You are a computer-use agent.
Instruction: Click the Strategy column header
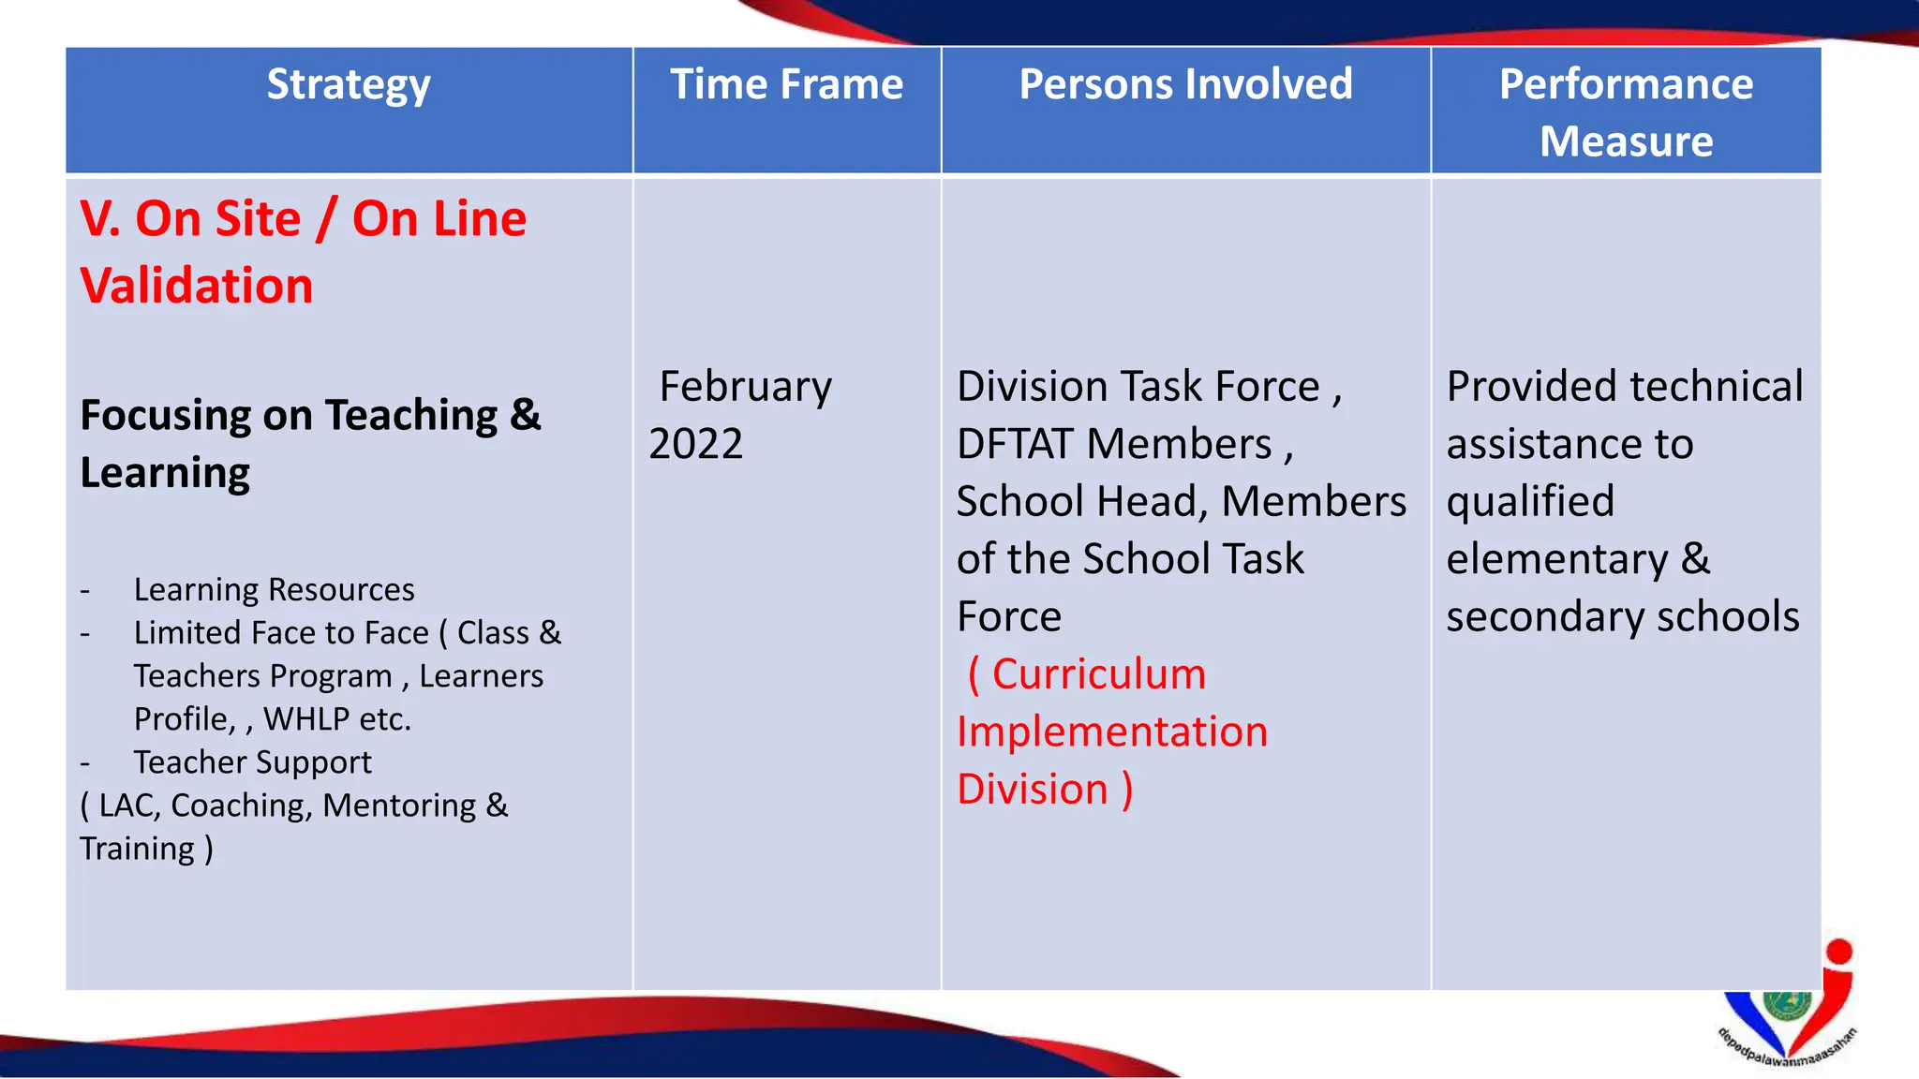click(x=349, y=85)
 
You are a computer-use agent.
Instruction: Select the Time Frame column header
click(x=786, y=85)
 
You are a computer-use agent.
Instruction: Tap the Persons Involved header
click(x=1185, y=85)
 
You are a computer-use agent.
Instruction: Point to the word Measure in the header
click(x=1626, y=142)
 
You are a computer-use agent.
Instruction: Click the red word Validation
click(x=197, y=286)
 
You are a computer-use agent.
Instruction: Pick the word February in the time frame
click(x=746, y=387)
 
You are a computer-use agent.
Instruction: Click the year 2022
click(x=695, y=444)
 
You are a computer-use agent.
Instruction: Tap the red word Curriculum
click(x=1098, y=674)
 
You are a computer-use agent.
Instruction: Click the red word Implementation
click(x=1112, y=732)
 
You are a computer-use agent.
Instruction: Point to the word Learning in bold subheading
click(x=165, y=473)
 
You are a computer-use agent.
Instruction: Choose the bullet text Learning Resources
click(x=274, y=590)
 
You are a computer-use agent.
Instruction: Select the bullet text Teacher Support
click(x=252, y=762)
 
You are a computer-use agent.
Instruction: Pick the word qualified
click(x=1530, y=502)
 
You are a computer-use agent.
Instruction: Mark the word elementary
click(x=1556, y=559)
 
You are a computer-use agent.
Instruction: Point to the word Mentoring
click(x=399, y=806)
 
